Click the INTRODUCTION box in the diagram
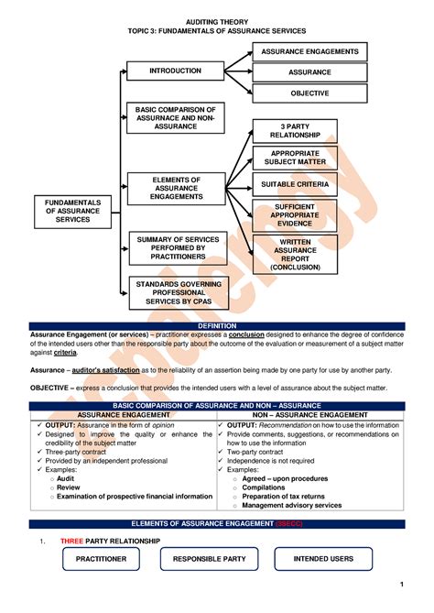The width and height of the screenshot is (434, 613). click(176, 71)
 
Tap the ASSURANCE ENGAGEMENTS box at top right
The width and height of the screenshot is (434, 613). click(309, 51)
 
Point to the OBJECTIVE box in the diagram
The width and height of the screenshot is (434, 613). click(309, 93)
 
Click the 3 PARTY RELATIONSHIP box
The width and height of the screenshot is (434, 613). click(295, 130)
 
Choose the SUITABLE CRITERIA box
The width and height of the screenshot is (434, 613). click(295, 184)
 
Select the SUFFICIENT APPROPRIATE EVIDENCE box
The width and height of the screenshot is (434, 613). click(295, 214)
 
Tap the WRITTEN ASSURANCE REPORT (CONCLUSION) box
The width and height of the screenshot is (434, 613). click(295, 254)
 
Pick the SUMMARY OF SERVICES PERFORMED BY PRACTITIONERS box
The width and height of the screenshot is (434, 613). click(176, 247)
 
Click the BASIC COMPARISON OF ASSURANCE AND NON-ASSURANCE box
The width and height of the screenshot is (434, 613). click(176, 117)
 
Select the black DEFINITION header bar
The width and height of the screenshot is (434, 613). click(217, 325)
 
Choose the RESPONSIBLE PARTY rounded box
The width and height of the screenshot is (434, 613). click(209, 558)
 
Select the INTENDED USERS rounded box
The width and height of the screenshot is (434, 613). click(323, 558)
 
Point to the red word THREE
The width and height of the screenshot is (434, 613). click(72, 541)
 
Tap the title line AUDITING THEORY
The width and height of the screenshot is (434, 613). click(217, 20)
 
